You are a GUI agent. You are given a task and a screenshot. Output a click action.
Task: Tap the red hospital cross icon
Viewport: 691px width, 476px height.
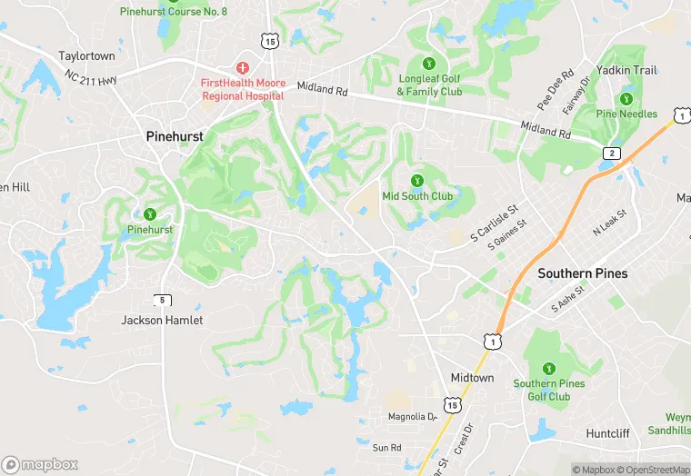[243, 68]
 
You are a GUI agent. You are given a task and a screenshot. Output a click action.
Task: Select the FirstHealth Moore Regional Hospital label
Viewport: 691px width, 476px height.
[243, 89]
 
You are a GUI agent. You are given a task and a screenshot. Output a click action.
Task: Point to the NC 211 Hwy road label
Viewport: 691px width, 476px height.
[91, 82]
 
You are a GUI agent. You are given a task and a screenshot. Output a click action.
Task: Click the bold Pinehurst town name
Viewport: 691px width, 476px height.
[175, 136]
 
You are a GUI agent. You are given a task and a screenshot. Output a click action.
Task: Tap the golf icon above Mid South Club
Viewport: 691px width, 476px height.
[417, 181]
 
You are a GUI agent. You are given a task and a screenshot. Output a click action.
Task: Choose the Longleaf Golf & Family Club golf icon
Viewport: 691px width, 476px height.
[429, 64]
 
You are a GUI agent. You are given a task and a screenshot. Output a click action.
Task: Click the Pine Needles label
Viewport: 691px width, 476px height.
[626, 114]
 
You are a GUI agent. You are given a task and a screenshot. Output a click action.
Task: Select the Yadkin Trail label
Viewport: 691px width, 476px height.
[626, 70]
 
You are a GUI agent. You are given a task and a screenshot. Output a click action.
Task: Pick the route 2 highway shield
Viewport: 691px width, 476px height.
[612, 153]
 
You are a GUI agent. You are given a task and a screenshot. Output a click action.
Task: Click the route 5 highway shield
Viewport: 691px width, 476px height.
[162, 301]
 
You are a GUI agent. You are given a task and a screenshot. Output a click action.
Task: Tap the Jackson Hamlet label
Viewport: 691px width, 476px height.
[163, 320]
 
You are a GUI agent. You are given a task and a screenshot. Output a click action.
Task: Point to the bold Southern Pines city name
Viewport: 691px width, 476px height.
[583, 273]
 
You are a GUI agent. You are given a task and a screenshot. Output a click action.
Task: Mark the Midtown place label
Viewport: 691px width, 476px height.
[472, 377]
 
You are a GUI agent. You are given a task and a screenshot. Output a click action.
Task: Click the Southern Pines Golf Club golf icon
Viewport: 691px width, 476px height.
[548, 369]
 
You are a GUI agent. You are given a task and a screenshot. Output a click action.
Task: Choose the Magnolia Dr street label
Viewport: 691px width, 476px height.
[413, 417]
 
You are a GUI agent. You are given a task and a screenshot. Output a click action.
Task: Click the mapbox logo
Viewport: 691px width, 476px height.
[40, 464]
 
